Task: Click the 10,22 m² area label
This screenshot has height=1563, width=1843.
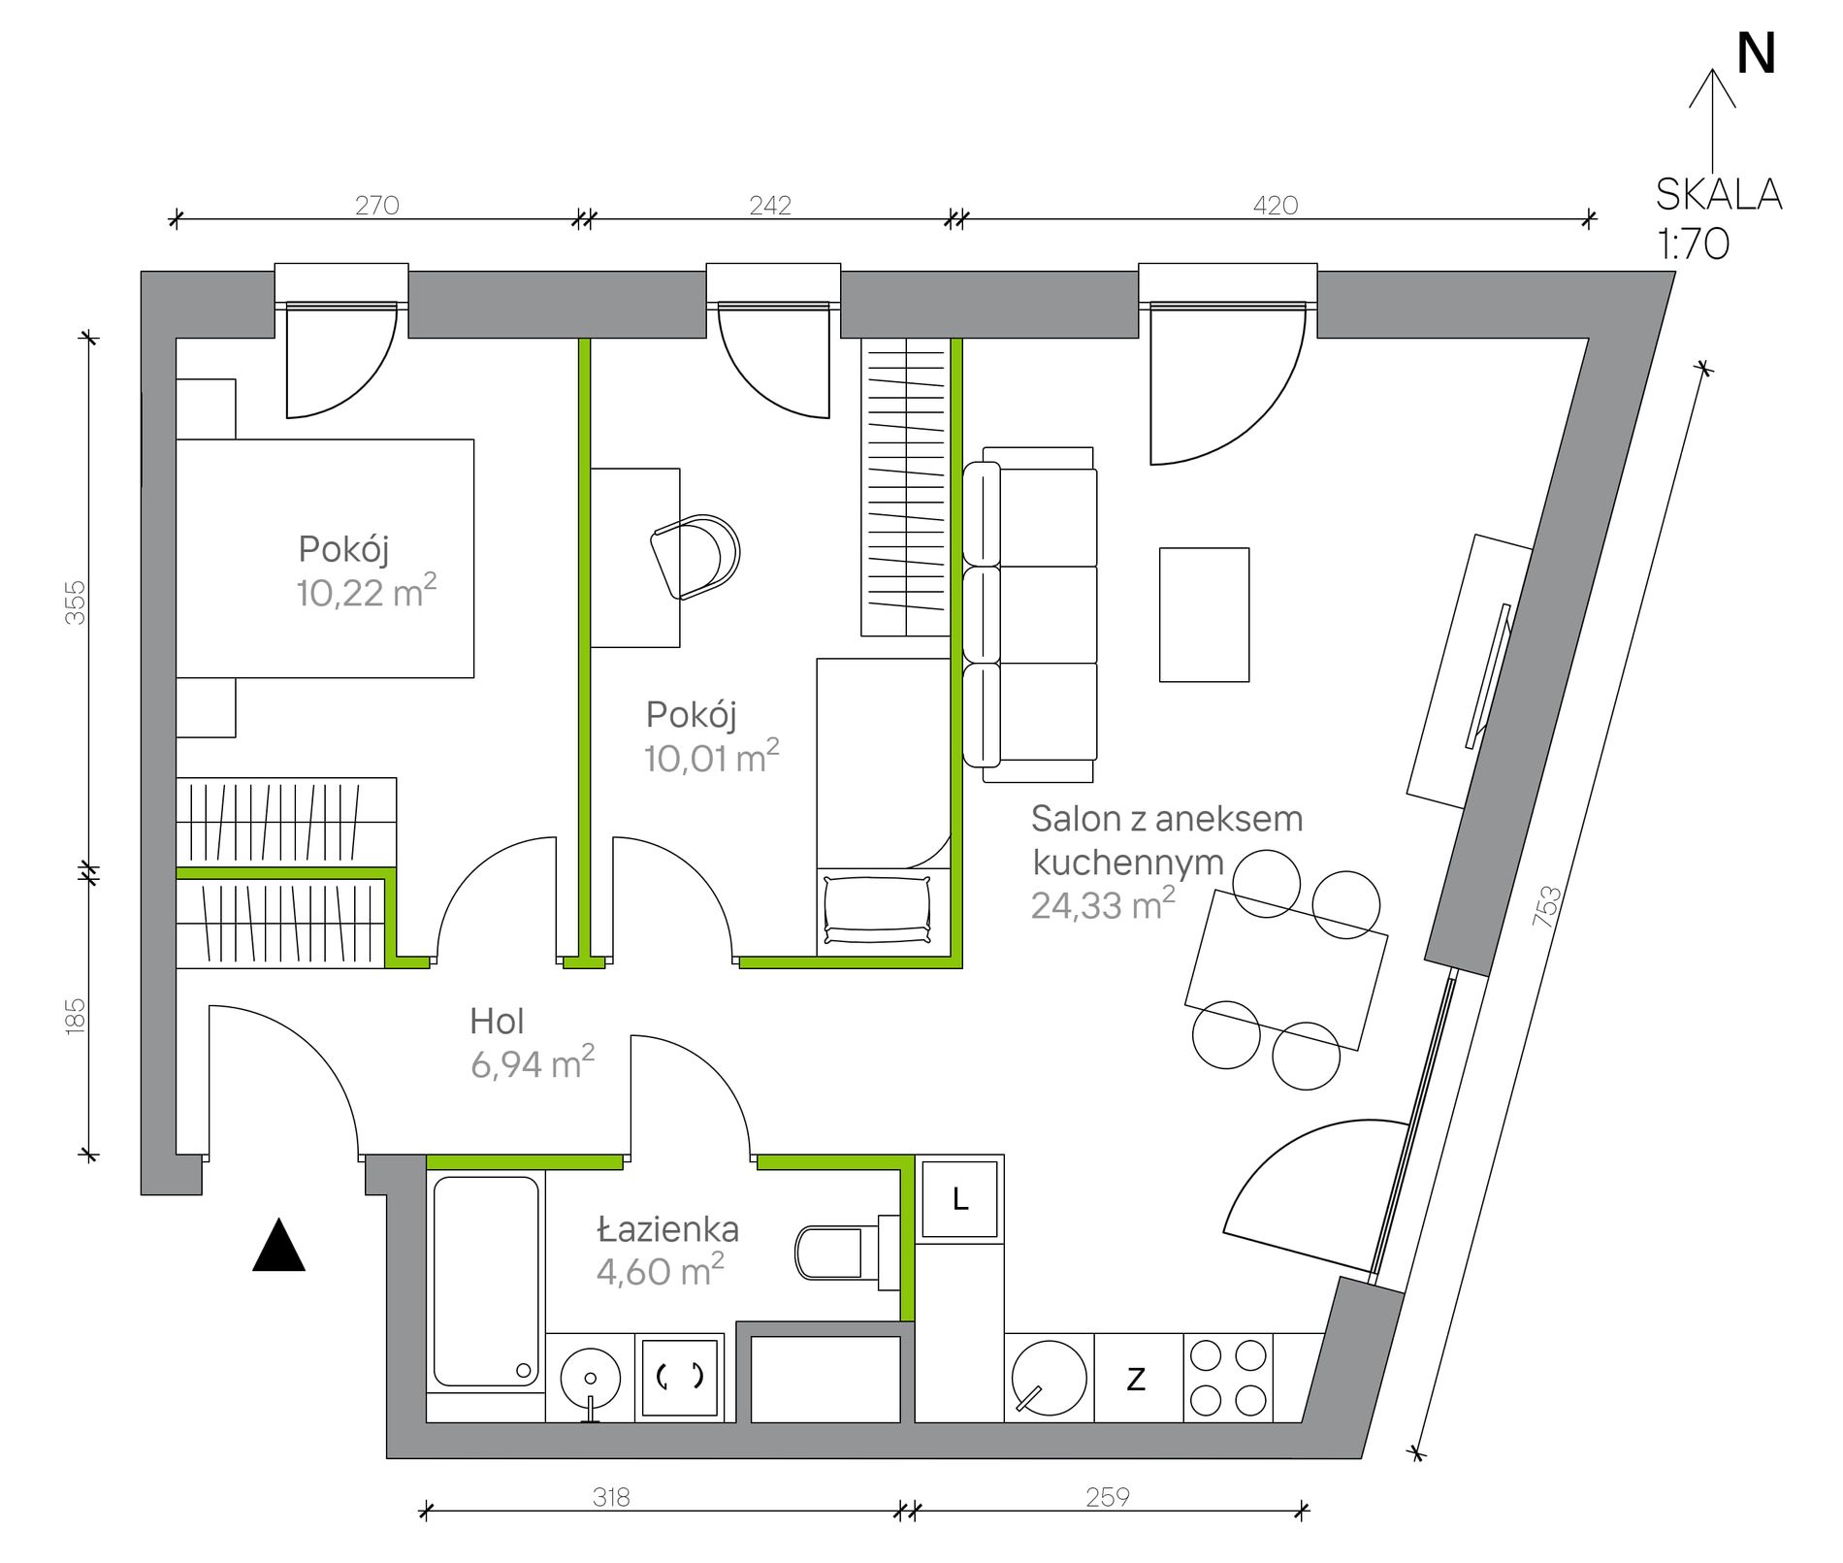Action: point(367,591)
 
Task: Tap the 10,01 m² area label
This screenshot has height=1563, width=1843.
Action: point(712,756)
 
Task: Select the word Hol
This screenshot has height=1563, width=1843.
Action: point(497,1021)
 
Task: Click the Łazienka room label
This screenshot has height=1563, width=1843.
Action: point(667,1229)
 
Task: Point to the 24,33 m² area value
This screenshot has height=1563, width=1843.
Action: point(1103,903)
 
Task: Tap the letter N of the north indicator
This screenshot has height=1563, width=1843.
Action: point(1756,54)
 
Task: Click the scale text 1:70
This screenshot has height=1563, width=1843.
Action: point(1693,244)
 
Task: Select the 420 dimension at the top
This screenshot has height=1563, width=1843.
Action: point(1275,205)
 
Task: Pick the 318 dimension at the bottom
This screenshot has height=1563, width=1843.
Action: point(611,1497)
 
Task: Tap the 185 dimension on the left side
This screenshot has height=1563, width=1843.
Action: point(75,1016)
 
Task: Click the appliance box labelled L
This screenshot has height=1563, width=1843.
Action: point(959,1199)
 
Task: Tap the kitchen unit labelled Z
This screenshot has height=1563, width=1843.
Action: point(1138,1378)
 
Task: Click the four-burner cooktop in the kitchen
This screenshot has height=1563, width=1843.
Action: point(1228,1378)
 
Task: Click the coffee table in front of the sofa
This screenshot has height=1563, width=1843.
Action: point(1204,614)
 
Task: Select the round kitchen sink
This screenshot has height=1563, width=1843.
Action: point(1049,1377)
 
